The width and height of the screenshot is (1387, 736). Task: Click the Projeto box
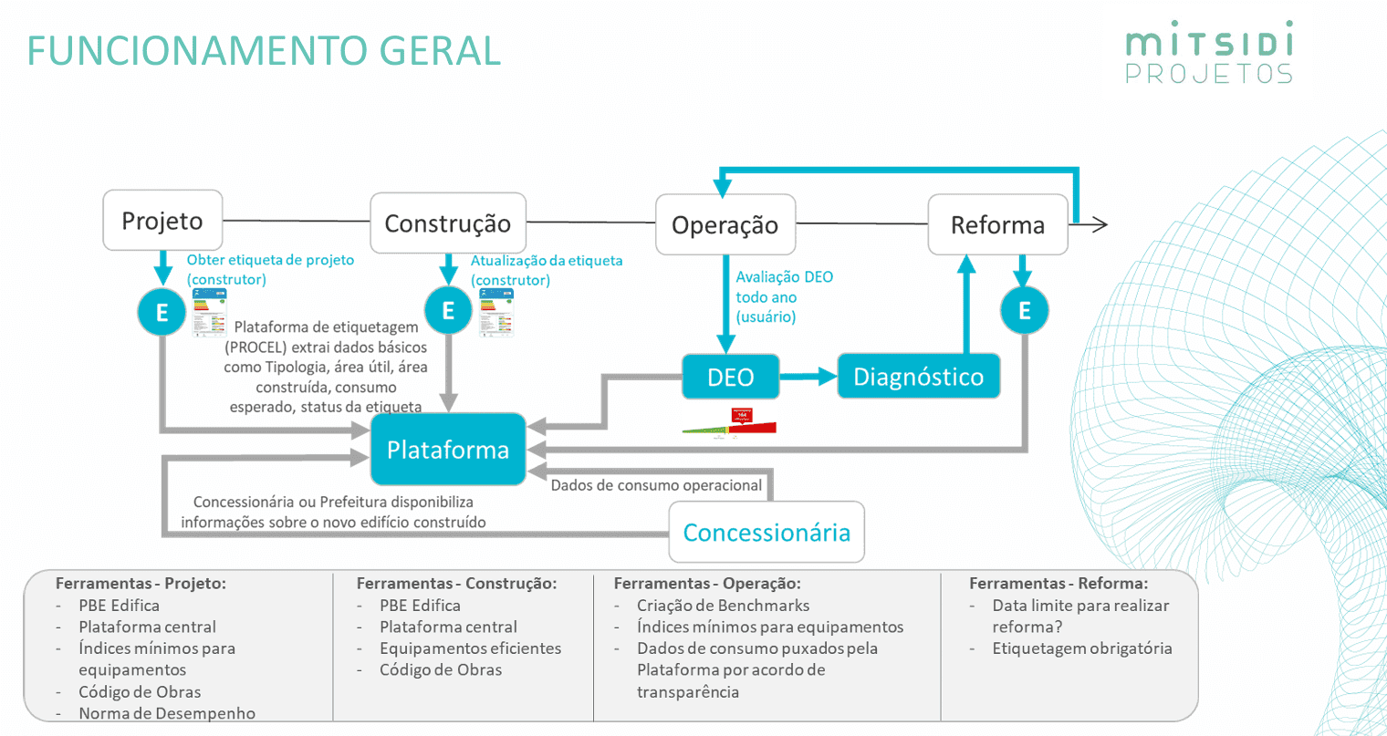point(162,220)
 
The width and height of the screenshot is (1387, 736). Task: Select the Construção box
point(447,223)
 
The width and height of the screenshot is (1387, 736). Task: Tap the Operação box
point(725,224)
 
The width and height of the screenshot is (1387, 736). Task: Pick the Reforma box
point(997,224)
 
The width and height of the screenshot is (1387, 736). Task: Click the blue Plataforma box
point(447,449)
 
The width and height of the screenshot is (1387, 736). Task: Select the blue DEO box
point(730,377)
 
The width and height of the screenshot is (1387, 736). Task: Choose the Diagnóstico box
point(918,377)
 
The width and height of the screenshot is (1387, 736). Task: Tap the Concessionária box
point(766,532)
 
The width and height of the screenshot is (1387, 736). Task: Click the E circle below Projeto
point(162,312)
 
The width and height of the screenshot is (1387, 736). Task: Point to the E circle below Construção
point(448,310)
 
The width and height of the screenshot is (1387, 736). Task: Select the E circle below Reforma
point(1024,310)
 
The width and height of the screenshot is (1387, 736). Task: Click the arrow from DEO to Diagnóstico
point(808,376)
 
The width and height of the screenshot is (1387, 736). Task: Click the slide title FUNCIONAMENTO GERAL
point(264,51)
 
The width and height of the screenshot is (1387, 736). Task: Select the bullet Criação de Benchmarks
point(723,605)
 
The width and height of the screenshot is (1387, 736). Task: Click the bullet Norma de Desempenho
point(167,713)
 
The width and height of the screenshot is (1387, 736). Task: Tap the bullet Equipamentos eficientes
point(470,648)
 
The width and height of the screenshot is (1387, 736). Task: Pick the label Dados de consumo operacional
point(656,485)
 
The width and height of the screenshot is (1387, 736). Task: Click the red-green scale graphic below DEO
point(730,425)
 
